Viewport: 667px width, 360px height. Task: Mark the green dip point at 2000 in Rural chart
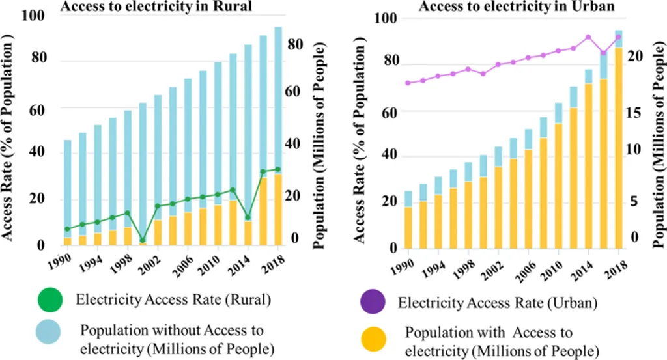pos(143,240)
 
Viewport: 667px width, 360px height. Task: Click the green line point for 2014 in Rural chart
pos(248,217)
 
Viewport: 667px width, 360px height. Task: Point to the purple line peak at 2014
pos(588,37)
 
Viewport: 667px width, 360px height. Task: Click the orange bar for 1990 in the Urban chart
pos(408,228)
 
